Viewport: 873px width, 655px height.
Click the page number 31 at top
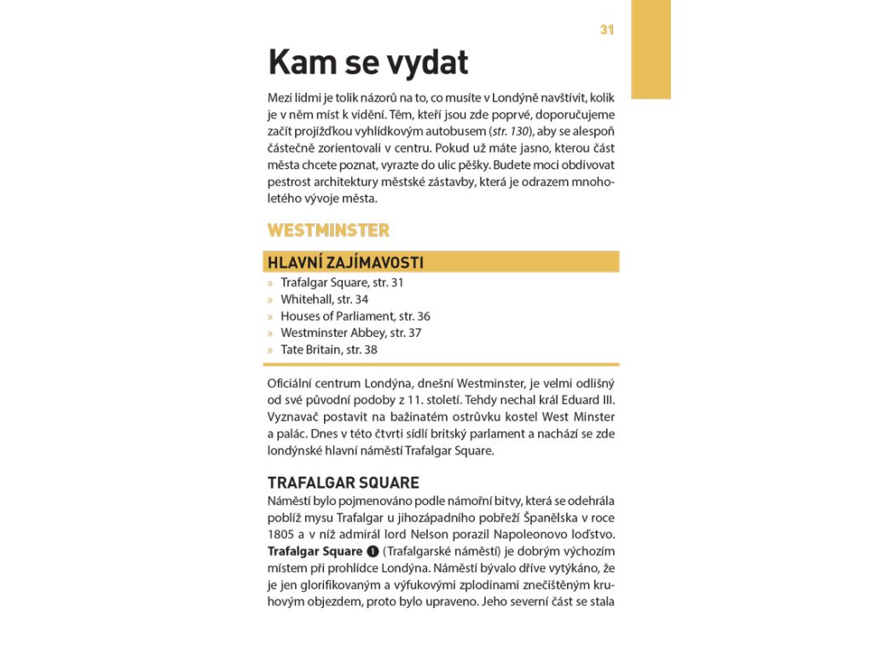606,30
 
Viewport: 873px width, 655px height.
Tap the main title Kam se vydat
368,62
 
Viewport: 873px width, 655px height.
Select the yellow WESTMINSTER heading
328,230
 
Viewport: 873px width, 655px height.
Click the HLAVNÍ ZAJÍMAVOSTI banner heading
345,262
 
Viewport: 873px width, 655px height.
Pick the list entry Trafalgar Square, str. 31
342,282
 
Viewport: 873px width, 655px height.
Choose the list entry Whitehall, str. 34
324,299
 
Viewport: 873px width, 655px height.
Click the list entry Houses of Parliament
355,316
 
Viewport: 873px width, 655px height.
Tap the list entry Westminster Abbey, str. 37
350,333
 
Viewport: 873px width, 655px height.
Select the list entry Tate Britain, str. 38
328,350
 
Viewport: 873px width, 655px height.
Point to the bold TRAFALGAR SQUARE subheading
343,483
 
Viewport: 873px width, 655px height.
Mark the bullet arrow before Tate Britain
270,350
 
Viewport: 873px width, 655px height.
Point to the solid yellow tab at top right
650,49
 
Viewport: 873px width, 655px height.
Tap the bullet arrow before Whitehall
270,299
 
